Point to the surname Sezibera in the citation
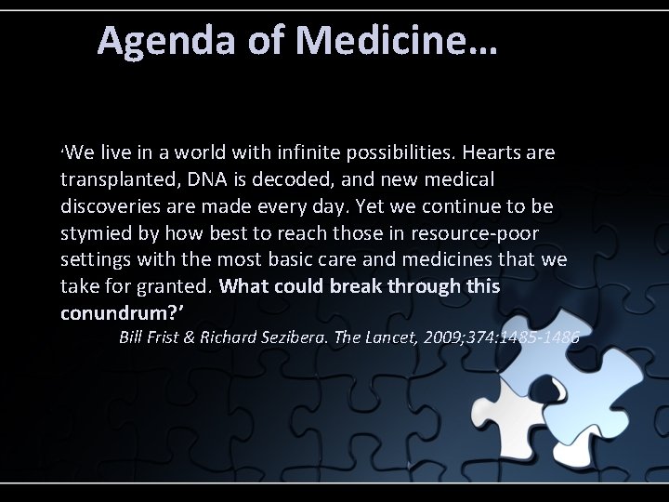(x=296, y=337)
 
